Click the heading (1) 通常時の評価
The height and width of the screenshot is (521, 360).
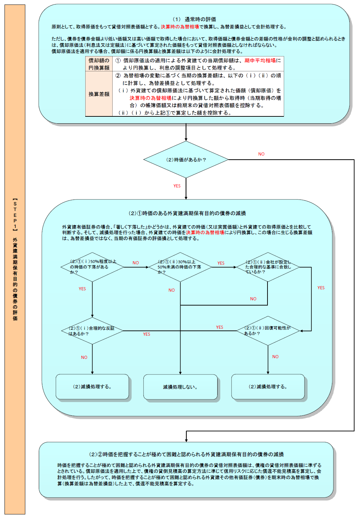[194, 19]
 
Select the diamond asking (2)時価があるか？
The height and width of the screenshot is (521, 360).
[186, 160]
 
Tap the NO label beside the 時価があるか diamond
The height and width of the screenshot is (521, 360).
[261, 154]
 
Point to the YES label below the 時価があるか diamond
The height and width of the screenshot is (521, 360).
[177, 186]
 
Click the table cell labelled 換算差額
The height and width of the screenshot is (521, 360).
[99, 94]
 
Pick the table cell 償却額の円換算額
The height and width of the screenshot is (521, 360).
[99, 64]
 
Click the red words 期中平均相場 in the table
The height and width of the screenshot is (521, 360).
[260, 61]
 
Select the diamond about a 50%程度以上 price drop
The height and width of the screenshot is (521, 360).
[93, 267]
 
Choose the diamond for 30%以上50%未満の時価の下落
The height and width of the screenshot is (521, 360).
[180, 267]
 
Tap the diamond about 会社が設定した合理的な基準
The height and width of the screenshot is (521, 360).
[268, 267]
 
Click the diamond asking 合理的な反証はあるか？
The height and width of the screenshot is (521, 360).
[93, 331]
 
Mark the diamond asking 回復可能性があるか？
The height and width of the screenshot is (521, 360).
[268, 331]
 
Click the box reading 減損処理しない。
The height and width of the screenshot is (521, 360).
[180, 387]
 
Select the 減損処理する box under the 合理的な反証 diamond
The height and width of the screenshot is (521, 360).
[92, 387]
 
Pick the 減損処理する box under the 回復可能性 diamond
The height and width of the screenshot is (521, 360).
[268, 387]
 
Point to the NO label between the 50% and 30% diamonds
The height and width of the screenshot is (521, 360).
[136, 263]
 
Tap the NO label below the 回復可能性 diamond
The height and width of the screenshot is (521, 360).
[275, 357]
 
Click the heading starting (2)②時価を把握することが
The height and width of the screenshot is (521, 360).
[186, 454]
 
